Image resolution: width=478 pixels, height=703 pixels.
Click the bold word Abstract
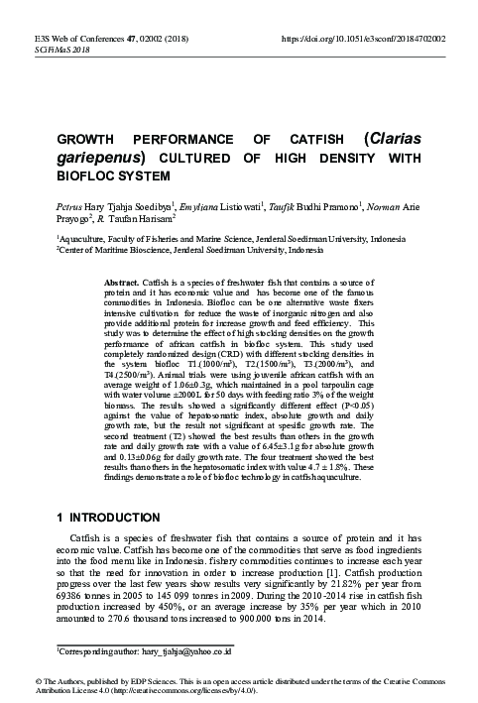[123, 283]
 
